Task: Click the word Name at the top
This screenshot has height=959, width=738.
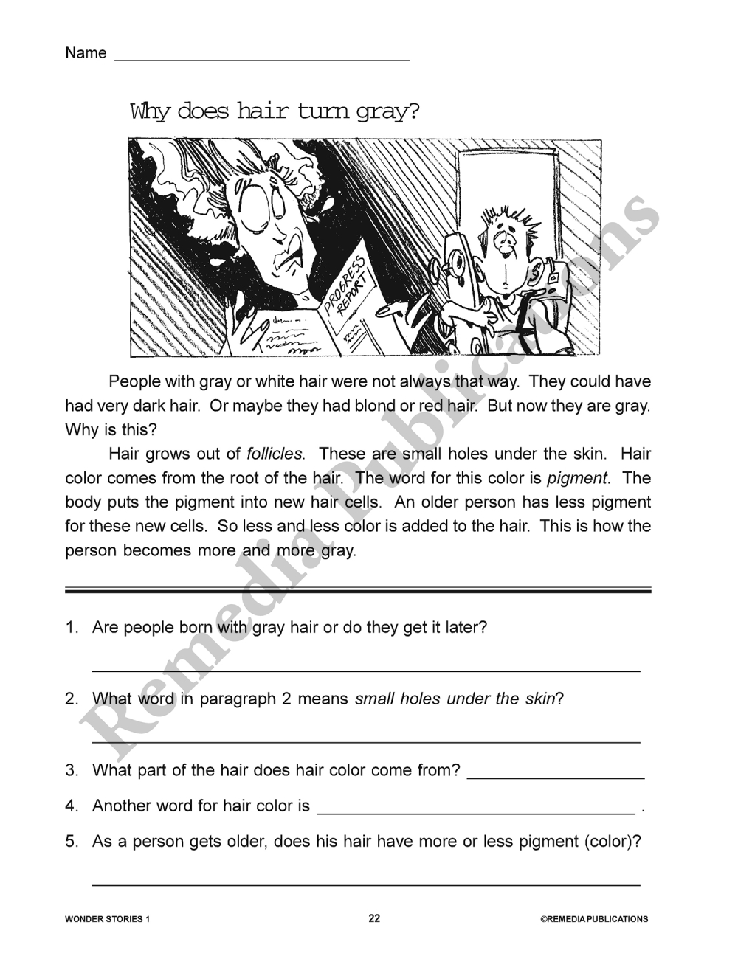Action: (86, 53)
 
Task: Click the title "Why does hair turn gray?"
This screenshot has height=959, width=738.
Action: (275, 111)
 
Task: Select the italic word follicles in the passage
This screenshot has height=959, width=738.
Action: (275, 454)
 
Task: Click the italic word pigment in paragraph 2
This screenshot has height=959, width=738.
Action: (578, 478)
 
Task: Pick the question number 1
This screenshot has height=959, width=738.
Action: (72, 628)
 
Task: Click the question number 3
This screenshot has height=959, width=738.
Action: (72, 770)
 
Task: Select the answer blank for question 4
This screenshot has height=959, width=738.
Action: (475, 810)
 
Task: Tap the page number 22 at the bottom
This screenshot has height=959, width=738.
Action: (374, 918)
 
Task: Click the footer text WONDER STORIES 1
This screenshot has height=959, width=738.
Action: (107, 919)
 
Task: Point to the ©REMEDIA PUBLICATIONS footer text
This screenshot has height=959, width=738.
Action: (594, 919)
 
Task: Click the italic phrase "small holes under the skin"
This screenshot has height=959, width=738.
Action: (455, 699)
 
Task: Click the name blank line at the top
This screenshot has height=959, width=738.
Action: (261, 58)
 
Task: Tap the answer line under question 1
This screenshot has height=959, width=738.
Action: (365, 670)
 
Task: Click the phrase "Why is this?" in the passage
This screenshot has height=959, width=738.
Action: (111, 429)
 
